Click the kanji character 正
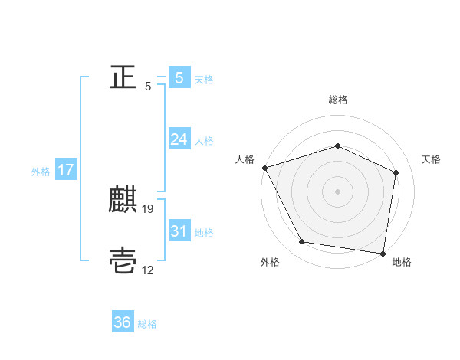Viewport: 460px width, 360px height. (123, 77)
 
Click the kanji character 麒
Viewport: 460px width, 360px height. (123, 200)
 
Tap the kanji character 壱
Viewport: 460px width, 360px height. (123, 261)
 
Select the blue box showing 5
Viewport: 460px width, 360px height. (179, 77)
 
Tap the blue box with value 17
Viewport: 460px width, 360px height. (65, 170)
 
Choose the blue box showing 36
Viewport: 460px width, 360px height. (123, 322)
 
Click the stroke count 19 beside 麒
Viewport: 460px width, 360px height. (149, 208)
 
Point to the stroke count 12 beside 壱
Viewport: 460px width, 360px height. (149, 270)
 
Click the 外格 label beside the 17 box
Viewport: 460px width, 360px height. (41, 172)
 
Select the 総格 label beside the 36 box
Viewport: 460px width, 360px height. (147, 324)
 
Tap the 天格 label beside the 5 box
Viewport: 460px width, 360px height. (204, 80)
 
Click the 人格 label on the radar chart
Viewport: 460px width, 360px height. (245, 159)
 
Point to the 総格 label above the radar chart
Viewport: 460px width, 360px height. (338, 100)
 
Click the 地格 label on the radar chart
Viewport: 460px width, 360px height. (402, 263)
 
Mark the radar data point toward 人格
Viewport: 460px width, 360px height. (264, 167)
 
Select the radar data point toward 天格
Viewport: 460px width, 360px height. (396, 172)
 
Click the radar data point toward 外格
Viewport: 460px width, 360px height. (302, 242)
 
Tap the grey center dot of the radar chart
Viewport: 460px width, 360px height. (338, 191)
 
